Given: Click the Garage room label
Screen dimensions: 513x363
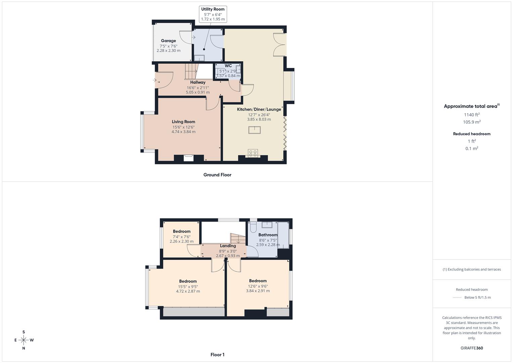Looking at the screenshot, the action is click(168, 41).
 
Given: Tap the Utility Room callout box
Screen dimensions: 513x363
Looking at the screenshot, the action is click(213, 14).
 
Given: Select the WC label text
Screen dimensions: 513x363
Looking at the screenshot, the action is click(228, 66).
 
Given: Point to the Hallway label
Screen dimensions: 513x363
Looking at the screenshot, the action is click(198, 82).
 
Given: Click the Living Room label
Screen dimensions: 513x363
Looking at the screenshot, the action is click(183, 122).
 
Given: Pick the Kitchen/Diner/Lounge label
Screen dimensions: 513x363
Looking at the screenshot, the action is click(259, 109).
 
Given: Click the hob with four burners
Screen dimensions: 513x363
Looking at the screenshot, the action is click(253, 153).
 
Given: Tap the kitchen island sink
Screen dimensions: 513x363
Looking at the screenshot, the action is click(254, 130).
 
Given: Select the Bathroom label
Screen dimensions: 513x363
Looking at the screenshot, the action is click(268, 235).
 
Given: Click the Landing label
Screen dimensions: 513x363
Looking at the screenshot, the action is click(228, 246).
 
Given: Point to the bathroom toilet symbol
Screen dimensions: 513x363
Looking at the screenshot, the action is click(253, 227).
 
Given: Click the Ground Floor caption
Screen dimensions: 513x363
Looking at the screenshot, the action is click(217, 175).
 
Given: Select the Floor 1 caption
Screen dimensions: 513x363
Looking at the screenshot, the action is click(217, 355).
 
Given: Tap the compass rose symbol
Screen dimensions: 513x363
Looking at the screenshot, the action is click(24, 340).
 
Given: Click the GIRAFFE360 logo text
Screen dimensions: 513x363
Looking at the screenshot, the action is click(472, 348).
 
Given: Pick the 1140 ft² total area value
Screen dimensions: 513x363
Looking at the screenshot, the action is click(472, 115).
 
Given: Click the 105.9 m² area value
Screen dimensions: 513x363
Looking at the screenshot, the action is click(472, 122).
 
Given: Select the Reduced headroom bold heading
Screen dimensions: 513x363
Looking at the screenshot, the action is click(472, 134).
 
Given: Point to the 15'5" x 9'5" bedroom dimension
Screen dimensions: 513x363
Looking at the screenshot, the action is click(188, 287).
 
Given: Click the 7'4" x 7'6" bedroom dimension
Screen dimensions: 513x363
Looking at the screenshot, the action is click(182, 237).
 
